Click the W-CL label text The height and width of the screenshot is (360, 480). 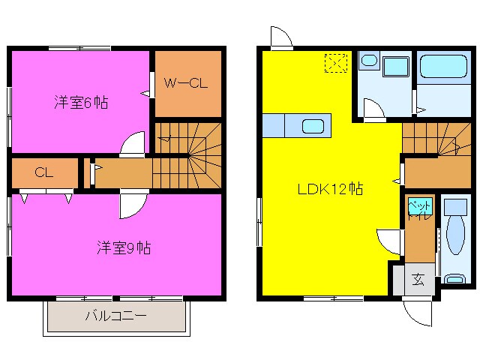click(186, 83)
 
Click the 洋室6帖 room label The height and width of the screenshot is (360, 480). click(80, 102)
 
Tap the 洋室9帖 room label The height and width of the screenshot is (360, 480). click(123, 247)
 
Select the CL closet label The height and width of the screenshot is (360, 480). click(43, 172)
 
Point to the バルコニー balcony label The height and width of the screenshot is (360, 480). click(115, 316)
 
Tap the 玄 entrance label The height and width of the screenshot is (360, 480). click(418, 281)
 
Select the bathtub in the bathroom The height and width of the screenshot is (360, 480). click(441, 70)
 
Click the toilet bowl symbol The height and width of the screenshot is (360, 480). click(455, 234)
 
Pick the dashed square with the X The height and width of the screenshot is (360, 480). click(335, 64)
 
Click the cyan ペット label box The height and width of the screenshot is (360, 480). click(418, 204)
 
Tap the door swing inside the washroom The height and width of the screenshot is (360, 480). click(373, 110)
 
